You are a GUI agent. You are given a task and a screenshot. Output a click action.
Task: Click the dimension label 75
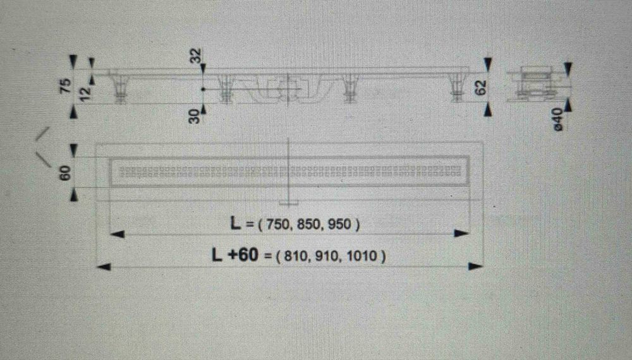point(66,87)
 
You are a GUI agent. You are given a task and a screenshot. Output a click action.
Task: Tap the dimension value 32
point(195,56)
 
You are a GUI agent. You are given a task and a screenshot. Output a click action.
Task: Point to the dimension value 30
point(195,116)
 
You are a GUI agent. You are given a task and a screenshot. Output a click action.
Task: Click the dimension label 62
point(481,87)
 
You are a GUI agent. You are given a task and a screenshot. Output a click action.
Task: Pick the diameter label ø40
point(558,119)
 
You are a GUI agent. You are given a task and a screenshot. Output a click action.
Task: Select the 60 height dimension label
point(65,173)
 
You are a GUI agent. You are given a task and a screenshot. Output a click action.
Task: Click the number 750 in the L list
point(277,224)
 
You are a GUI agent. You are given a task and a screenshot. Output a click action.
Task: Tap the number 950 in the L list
point(339,224)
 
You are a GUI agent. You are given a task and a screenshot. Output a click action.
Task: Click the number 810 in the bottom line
point(296,256)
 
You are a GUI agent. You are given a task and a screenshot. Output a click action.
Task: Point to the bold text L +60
point(235,255)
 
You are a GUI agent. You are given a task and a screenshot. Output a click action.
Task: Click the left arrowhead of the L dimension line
point(118,234)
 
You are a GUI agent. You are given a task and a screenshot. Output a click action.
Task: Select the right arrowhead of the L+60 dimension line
point(475,266)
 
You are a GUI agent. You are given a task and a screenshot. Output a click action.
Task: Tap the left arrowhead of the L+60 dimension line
point(104,267)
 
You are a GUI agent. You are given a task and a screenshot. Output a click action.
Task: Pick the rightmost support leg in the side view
point(457,88)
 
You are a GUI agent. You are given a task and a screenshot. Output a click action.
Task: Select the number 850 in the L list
point(309,224)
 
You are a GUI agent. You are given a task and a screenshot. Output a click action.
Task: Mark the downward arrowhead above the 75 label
point(73,63)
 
